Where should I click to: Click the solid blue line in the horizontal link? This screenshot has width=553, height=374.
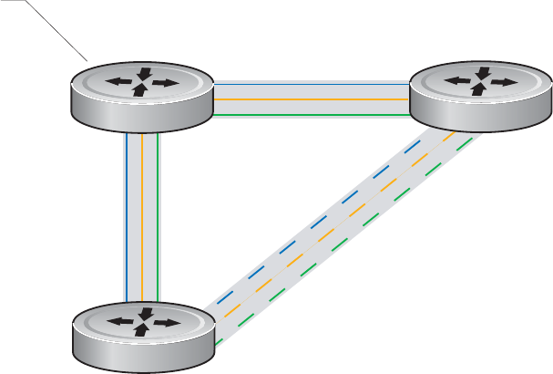coord(310,83)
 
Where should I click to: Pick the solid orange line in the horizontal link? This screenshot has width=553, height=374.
coord(310,99)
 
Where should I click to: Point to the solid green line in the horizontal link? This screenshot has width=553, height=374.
coord(310,116)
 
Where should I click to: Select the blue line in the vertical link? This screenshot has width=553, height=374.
coord(125,219)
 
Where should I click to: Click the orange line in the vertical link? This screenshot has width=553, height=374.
coord(141,219)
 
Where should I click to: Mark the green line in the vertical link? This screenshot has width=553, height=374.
coord(159,219)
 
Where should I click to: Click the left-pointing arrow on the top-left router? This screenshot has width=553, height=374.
coord(118,82)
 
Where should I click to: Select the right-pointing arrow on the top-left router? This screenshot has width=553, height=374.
coord(164,83)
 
